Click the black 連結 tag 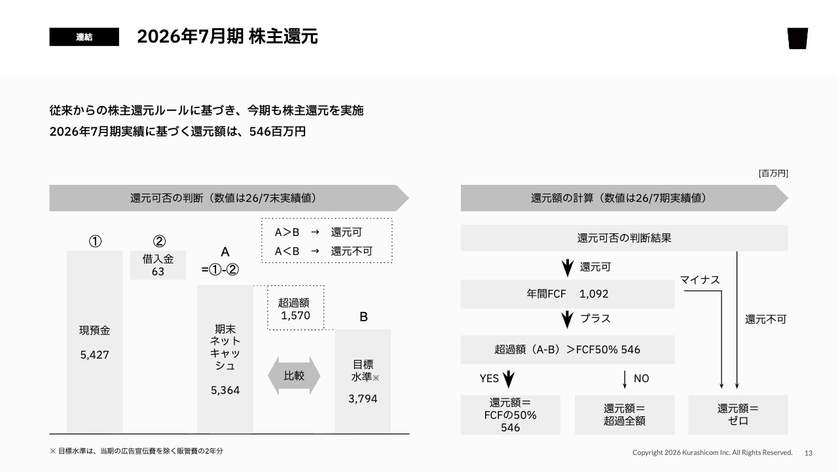pyautogui.click(x=84, y=37)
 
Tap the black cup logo pyautogui.click(x=797, y=38)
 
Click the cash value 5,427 pyautogui.click(x=95, y=355)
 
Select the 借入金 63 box pyautogui.click(x=158, y=265)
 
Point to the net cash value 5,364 pyautogui.click(x=225, y=390)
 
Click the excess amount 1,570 pyautogui.click(x=295, y=315)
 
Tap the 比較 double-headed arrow pyautogui.click(x=294, y=376)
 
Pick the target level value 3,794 pyautogui.click(x=363, y=399)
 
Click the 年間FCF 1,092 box pyautogui.click(x=568, y=294)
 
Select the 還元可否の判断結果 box pyautogui.click(x=625, y=238)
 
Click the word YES pyautogui.click(x=489, y=378)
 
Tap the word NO pyautogui.click(x=641, y=378)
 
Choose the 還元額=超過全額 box pyautogui.click(x=625, y=415)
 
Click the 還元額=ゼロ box pyautogui.click(x=738, y=415)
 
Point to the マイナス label pyautogui.click(x=700, y=280)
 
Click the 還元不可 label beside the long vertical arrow pyautogui.click(x=765, y=319)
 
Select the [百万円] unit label pyautogui.click(x=773, y=174)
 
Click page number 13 pyautogui.click(x=809, y=453)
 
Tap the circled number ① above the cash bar pyautogui.click(x=95, y=241)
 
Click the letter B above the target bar pyautogui.click(x=363, y=317)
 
